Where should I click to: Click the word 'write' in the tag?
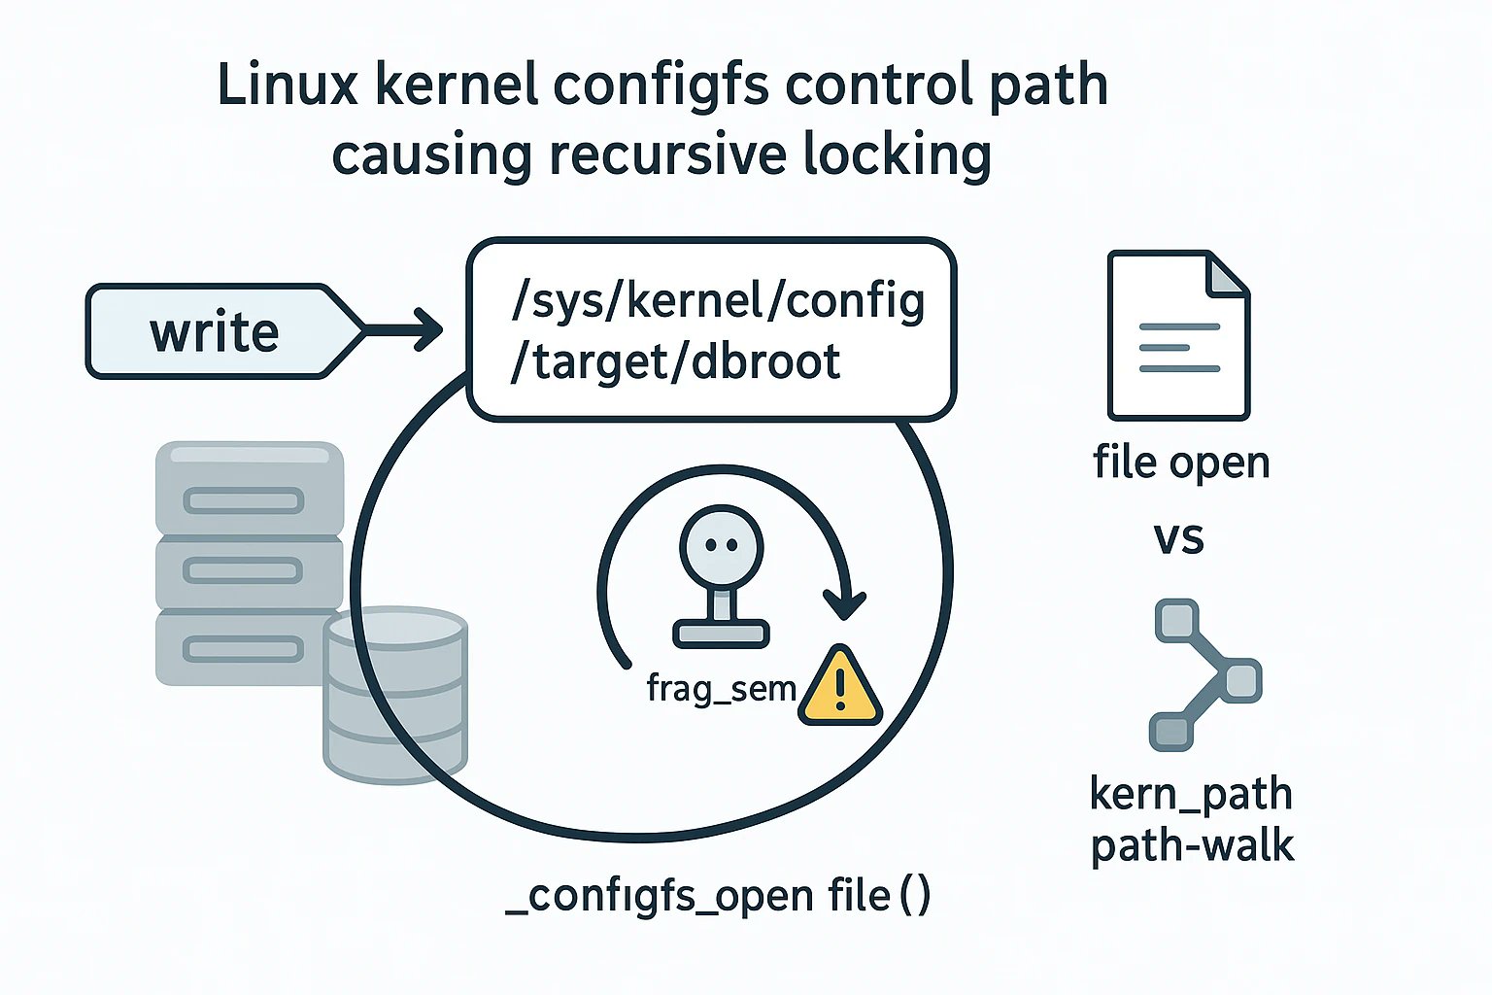tap(214, 332)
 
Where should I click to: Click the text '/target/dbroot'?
tap(675, 362)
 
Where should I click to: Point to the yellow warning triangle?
tap(840, 688)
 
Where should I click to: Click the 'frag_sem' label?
tap(721, 688)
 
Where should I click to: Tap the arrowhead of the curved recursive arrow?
tap(844, 603)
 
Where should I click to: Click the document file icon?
tap(1178, 335)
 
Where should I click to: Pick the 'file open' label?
tap(1181, 463)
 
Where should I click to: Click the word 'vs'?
tap(1178, 537)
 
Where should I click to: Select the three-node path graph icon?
tap(1205, 674)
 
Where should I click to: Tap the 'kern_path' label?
tap(1191, 794)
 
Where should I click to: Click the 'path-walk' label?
tap(1192, 845)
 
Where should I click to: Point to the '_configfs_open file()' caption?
tap(718, 895)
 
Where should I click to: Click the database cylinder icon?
tap(395, 694)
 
